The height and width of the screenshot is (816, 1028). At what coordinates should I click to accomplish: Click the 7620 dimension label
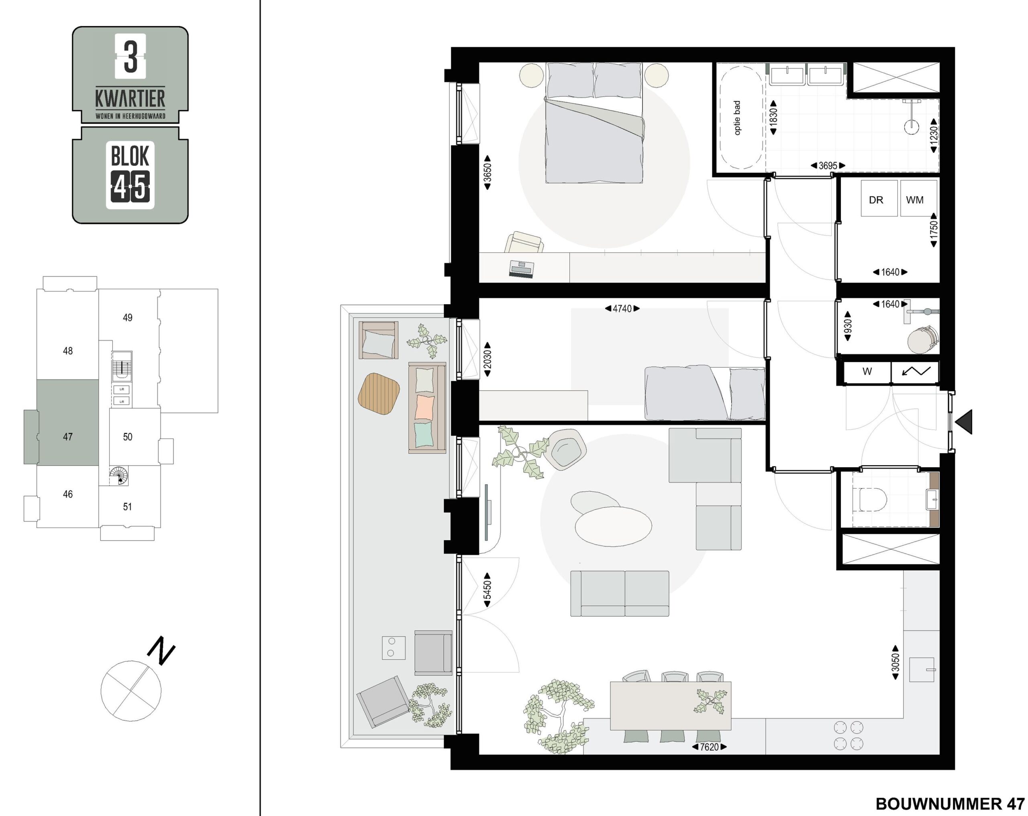pyautogui.click(x=709, y=747)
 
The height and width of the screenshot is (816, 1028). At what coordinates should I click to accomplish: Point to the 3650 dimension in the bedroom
pyautogui.click(x=487, y=173)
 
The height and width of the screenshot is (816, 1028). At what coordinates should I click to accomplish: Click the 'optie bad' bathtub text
pyautogui.click(x=737, y=118)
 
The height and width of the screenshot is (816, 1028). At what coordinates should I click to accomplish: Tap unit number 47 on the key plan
pyautogui.click(x=68, y=437)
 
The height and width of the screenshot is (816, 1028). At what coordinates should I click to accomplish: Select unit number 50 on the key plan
pyautogui.click(x=127, y=437)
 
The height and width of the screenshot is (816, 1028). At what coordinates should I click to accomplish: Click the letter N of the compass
pyautogui.click(x=161, y=651)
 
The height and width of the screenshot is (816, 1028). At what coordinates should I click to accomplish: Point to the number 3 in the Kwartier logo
pyautogui.click(x=130, y=56)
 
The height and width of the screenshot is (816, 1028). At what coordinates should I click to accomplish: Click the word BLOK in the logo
pyautogui.click(x=130, y=155)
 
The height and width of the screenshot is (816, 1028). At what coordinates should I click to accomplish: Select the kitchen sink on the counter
pyautogui.click(x=921, y=669)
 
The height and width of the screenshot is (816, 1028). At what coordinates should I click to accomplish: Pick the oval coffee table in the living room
pyautogui.click(x=613, y=526)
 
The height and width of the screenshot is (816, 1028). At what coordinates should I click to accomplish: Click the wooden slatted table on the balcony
pyautogui.click(x=379, y=394)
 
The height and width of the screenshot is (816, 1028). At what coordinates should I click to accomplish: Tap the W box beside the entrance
pyautogui.click(x=867, y=372)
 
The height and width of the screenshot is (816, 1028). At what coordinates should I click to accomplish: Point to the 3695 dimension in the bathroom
pyautogui.click(x=828, y=165)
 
